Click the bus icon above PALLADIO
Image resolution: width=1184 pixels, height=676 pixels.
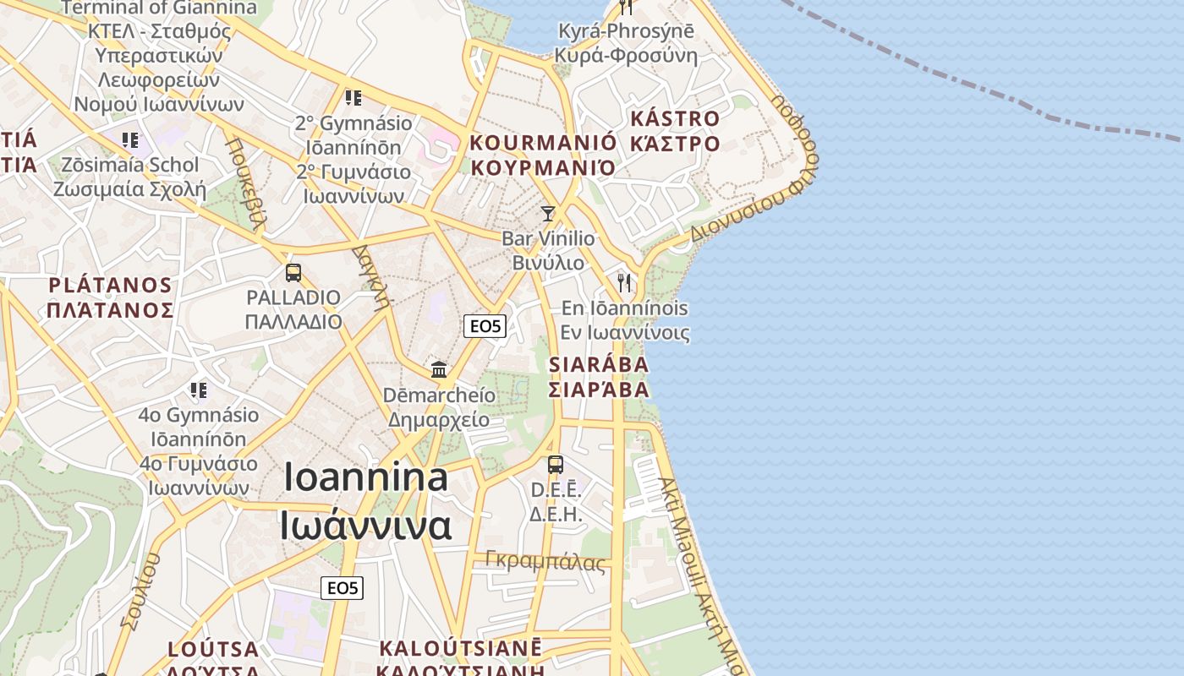coord(293,273)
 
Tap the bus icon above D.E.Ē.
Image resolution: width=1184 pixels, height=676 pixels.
coord(556,465)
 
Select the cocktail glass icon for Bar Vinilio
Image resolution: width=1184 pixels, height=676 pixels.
coord(548,213)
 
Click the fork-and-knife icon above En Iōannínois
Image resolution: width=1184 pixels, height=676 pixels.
coord(624,282)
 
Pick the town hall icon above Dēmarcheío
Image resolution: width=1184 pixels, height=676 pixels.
coord(439,369)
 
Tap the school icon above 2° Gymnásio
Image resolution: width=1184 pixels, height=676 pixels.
coord(354,98)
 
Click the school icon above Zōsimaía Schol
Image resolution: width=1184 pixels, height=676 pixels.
coord(129,139)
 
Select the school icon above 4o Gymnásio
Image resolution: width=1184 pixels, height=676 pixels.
coord(198,390)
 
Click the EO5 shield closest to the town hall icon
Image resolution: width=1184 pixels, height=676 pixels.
coord(485,326)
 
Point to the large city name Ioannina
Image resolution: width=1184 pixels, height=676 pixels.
coord(366,477)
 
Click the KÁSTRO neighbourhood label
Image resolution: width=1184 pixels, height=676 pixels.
coord(675,118)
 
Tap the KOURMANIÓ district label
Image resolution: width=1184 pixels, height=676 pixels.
coord(543,142)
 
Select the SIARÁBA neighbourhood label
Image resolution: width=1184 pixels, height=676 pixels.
coord(599,364)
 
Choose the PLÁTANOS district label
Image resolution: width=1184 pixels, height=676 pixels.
coord(110,285)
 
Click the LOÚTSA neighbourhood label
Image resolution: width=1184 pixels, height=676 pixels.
coord(213,649)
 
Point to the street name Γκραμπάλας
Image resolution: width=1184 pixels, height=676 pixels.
coord(545,560)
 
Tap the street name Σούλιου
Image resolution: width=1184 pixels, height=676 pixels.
coord(140,591)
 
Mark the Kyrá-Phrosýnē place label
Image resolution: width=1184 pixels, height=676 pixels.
coord(626,31)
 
